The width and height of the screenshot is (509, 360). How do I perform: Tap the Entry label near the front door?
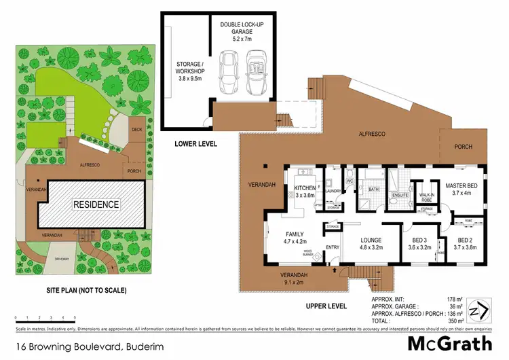pos(333,247)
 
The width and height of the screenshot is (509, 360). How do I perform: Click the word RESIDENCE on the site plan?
pos(97,204)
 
